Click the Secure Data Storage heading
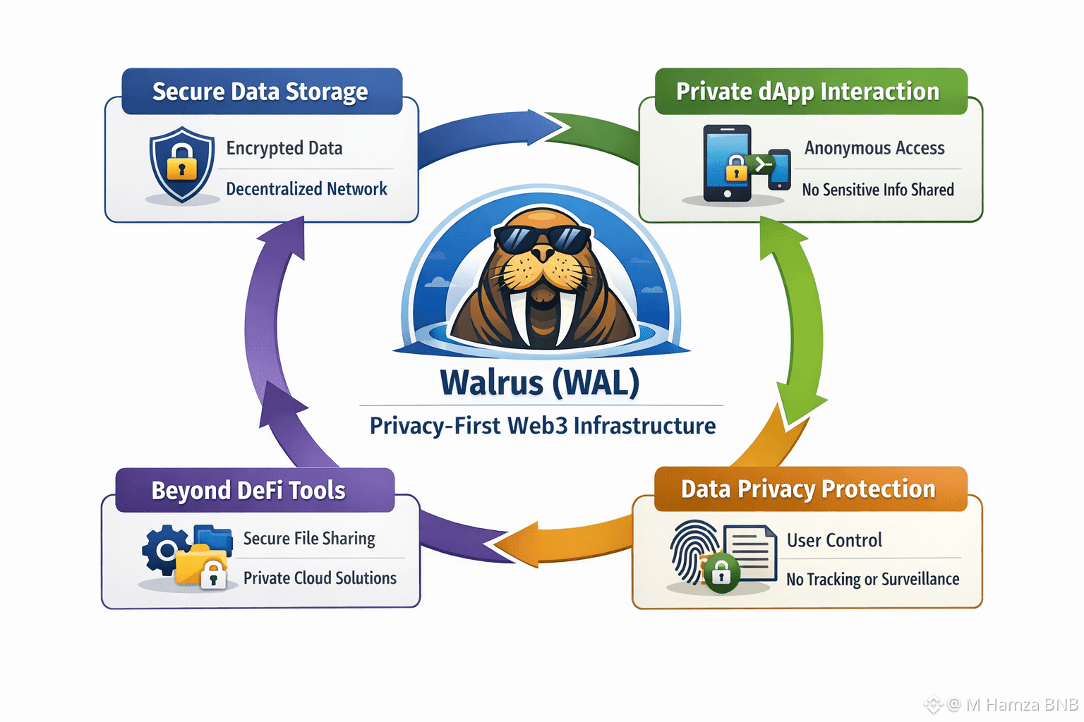coord(260,92)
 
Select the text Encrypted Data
coord(284,148)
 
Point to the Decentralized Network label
coord(306,189)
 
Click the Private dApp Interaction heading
coord(807,92)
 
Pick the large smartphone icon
coord(727,163)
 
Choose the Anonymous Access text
coord(874,148)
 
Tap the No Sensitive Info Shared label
coord(878,190)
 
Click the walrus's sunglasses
coord(542,239)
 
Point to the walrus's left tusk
coord(520,317)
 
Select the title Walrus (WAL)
coord(540,383)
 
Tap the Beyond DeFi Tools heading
coord(248,490)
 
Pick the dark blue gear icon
coord(163,549)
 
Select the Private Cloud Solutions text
coord(320,578)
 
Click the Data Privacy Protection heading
coord(808,489)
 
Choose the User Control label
coord(834,540)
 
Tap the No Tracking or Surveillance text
coord(873,580)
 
